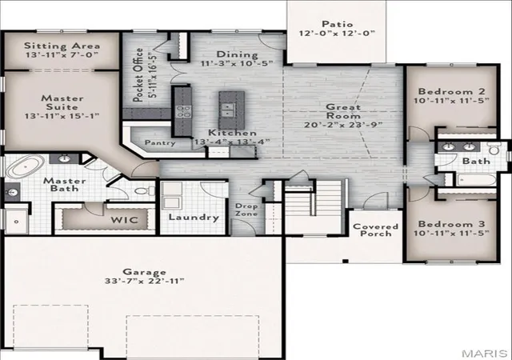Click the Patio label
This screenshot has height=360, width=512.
[338, 24]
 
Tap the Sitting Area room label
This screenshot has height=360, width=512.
[62, 46]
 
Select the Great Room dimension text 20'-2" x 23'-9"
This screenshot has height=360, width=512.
[343, 125]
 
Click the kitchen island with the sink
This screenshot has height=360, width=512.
[231, 110]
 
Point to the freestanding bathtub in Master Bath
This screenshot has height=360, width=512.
[25, 166]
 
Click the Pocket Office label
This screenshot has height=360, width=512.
[138, 75]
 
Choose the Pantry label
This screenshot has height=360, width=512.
[160, 142]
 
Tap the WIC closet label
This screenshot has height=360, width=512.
[125, 220]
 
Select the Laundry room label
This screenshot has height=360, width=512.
[194, 218]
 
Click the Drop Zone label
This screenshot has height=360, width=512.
[246, 210]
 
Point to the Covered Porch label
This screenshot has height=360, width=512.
[375, 230]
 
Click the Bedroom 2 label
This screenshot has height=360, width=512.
[451, 91]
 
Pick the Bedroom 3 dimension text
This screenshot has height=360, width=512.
[451, 234]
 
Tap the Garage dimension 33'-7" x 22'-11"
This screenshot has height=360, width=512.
[145, 281]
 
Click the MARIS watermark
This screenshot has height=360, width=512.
[484, 353]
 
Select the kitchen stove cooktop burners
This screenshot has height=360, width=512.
[183, 111]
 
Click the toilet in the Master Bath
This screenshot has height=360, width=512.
[145, 190]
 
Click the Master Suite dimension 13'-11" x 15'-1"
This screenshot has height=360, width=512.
[62, 116]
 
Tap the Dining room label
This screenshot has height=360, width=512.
[237, 54]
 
